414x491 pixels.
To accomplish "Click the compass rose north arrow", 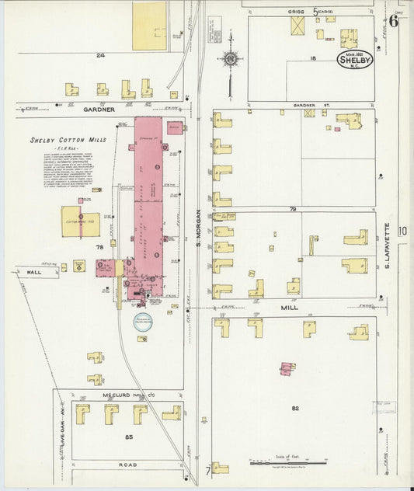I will pyautogui.click(x=231, y=58).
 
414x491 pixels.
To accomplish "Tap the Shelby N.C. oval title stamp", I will pyautogui.click(x=355, y=59).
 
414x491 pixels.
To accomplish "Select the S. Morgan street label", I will pyautogui.click(x=199, y=229).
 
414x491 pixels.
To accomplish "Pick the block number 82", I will pyautogui.click(x=295, y=409).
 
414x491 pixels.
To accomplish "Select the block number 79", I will pyautogui.click(x=294, y=209).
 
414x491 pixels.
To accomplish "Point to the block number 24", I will pyautogui.click(x=100, y=55).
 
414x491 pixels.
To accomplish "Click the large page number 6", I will pyautogui.click(x=394, y=21).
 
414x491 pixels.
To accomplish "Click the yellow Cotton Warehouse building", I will pyautogui.click(x=80, y=221).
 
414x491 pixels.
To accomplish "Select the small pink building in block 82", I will pyautogui.click(x=287, y=367).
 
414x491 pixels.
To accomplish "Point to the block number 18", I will pyautogui.click(x=313, y=58).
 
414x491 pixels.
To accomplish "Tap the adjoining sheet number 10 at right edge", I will pyautogui.click(x=402, y=230).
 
